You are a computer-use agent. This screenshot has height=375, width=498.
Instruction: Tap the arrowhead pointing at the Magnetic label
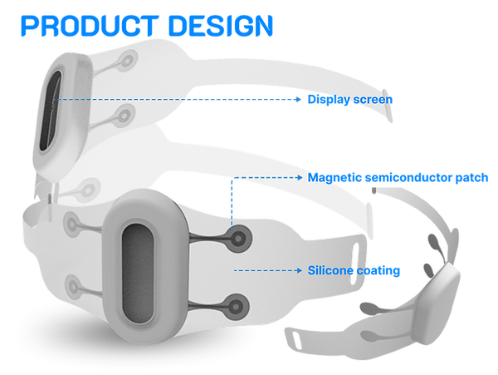(x=299, y=177)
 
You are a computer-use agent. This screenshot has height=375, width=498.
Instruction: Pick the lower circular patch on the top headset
(x=126, y=112)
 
